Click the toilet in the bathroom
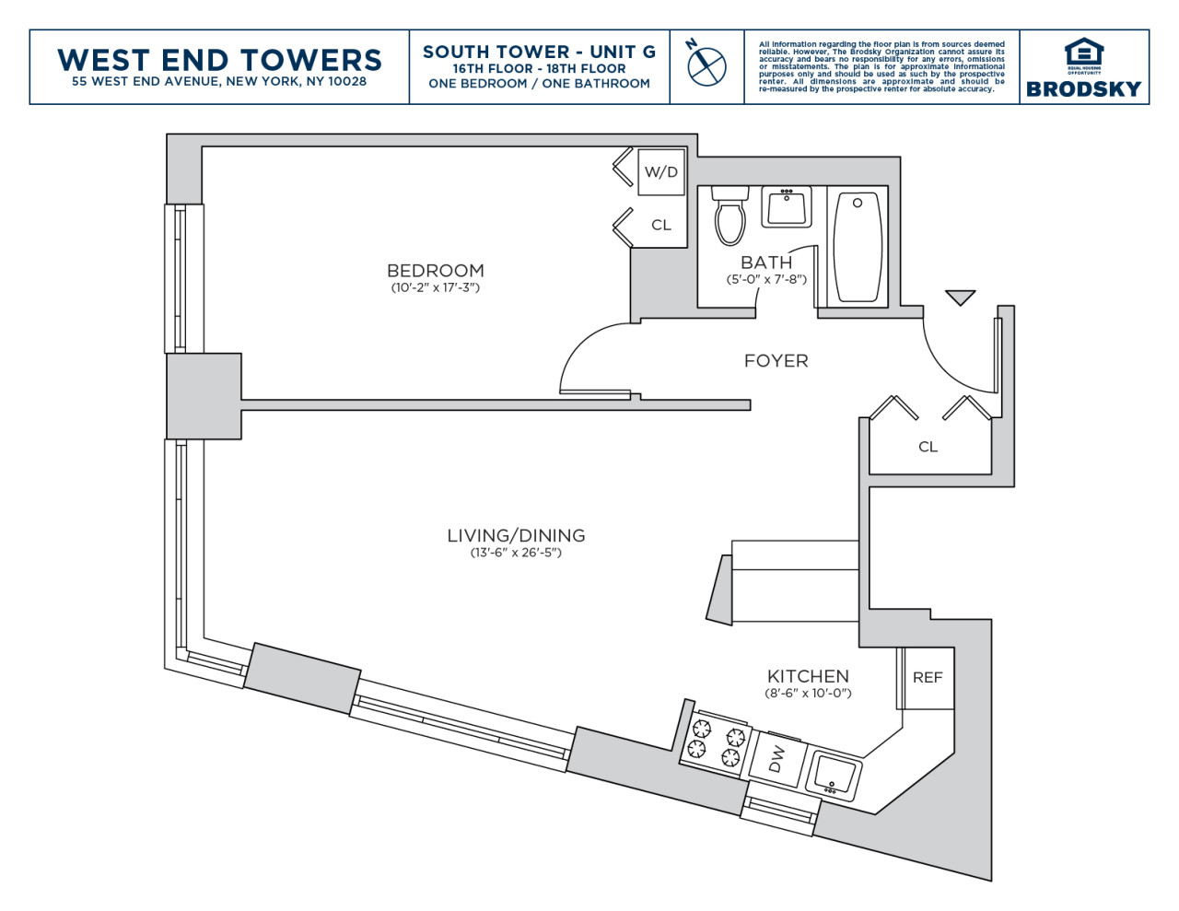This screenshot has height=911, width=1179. coord(730,218)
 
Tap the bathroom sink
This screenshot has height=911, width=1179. coord(786,206)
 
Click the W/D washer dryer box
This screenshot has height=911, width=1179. coord(661,172)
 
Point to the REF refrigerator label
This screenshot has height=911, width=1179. coord(928,678)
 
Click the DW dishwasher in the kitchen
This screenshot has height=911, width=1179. coord(776,758)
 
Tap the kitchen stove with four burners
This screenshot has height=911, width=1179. coord(715,741)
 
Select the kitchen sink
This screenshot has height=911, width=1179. coord(834,775)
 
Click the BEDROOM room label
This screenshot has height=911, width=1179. coord(436,271)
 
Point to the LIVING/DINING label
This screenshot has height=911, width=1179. coord(516,536)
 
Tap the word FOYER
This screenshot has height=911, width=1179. coord(776,361)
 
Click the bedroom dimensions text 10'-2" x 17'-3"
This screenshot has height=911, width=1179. coord(436,288)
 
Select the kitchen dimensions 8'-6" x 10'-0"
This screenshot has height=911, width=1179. coord(808,694)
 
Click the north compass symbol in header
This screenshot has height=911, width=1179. coord(706,65)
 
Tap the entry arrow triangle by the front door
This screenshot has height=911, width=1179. coord(960,297)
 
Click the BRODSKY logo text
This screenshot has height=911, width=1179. coord(1083,89)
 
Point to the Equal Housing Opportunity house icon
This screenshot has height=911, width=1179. coord(1083,52)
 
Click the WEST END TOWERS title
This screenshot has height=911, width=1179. coord(219,60)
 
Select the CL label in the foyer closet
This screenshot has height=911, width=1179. coord(928,448)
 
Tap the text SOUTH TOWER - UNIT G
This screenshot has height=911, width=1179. coord(539,52)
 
